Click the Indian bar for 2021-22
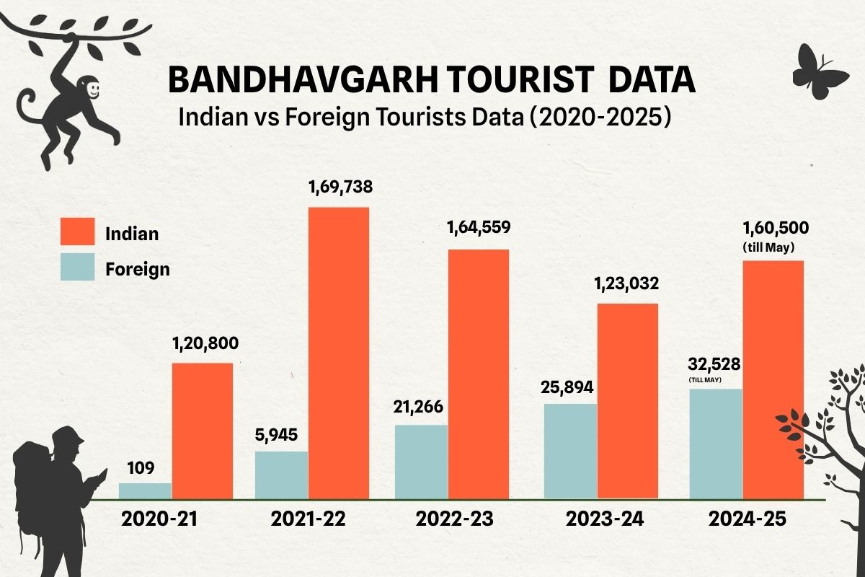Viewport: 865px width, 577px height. click(x=338, y=353)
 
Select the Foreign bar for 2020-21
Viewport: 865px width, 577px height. click(x=145, y=490)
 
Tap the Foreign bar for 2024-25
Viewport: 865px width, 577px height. click(x=716, y=444)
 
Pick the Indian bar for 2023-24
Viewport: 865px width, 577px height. click(x=627, y=400)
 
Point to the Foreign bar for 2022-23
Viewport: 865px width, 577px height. click(x=421, y=462)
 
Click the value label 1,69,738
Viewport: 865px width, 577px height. click(x=340, y=190)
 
